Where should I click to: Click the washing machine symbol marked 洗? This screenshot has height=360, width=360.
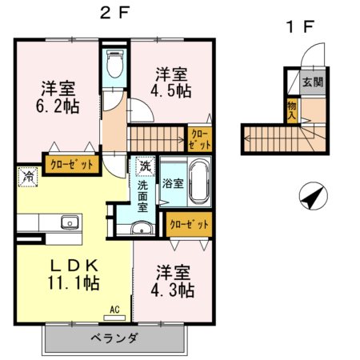[145, 167]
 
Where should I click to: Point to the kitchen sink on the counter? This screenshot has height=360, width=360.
[66, 222]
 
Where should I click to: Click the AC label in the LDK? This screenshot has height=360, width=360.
[114, 307]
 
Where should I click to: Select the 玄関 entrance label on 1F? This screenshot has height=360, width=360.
[313, 82]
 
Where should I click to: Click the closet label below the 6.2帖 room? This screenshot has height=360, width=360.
[72, 164]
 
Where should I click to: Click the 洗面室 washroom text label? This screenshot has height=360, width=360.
[143, 194]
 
